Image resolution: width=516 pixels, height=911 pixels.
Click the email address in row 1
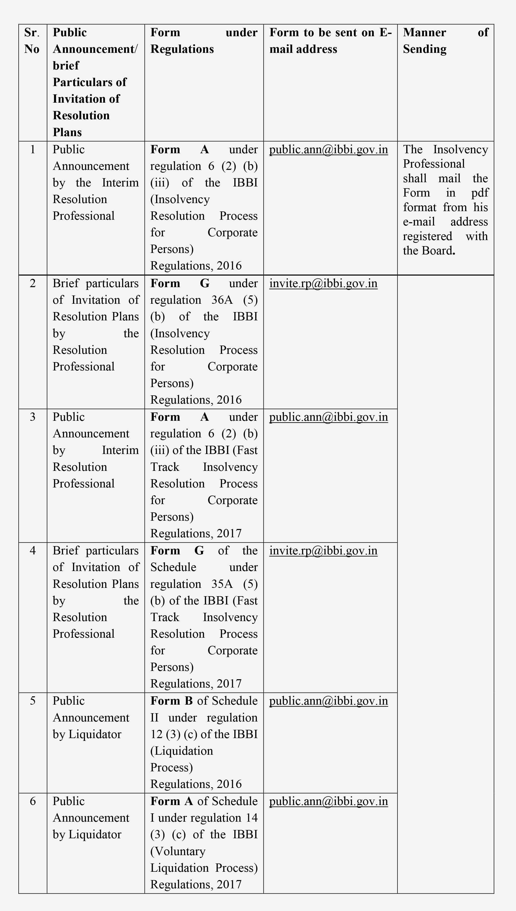click(x=328, y=149)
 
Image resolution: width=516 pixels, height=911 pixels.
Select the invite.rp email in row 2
click(x=323, y=283)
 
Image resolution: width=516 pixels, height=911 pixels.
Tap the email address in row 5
click(x=328, y=701)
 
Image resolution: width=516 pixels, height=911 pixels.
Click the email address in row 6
click(x=328, y=801)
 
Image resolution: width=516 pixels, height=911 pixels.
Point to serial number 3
click(x=33, y=417)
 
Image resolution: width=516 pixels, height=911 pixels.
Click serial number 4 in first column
click(x=33, y=550)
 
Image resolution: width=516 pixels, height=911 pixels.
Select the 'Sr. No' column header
click(x=32, y=41)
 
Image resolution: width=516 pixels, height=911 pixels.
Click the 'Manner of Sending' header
click(x=446, y=41)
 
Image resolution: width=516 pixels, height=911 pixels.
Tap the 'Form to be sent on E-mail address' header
click(x=330, y=41)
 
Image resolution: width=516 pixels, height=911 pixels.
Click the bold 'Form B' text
click(x=171, y=701)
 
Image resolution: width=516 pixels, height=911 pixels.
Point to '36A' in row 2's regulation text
click(x=222, y=300)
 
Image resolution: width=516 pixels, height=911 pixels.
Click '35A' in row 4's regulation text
click(x=222, y=584)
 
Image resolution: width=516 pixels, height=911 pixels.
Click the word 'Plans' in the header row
click(x=67, y=132)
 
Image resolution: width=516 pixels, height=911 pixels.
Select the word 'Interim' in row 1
click(x=120, y=182)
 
